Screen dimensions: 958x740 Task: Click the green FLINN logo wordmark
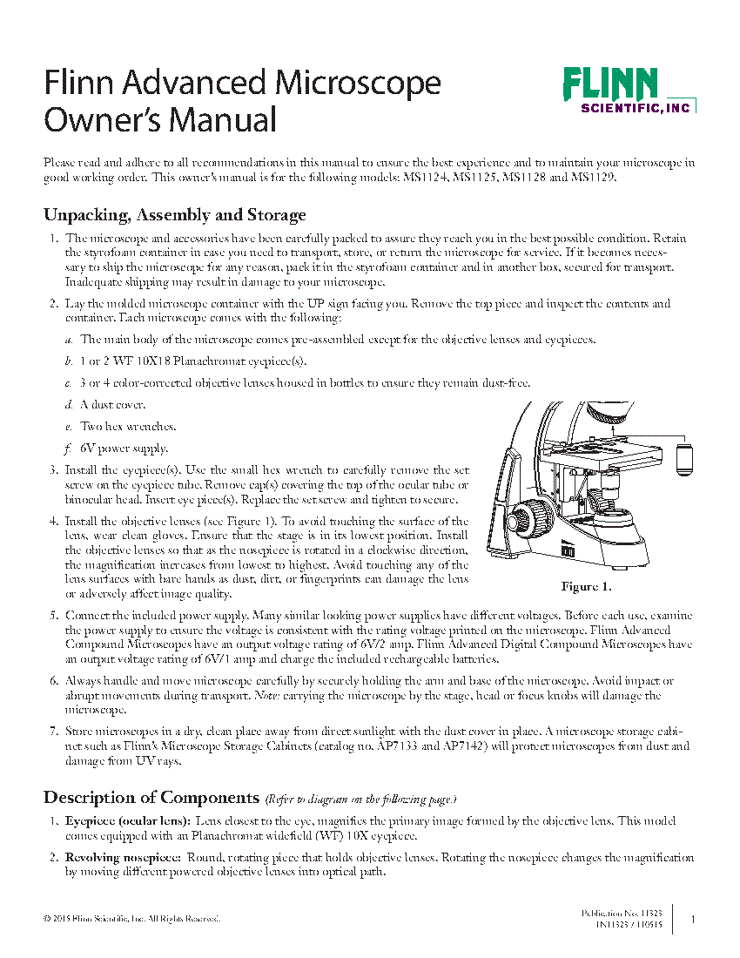tap(609, 84)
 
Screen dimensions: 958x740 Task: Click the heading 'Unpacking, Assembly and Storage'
tap(174, 214)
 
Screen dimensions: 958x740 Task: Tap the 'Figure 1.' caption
tap(586, 585)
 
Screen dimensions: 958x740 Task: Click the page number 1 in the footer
tap(692, 918)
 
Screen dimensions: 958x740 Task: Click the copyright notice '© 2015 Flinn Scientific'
tap(131, 919)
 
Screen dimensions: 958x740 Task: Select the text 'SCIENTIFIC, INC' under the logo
tap(635, 108)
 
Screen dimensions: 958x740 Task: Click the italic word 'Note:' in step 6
tap(266, 696)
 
